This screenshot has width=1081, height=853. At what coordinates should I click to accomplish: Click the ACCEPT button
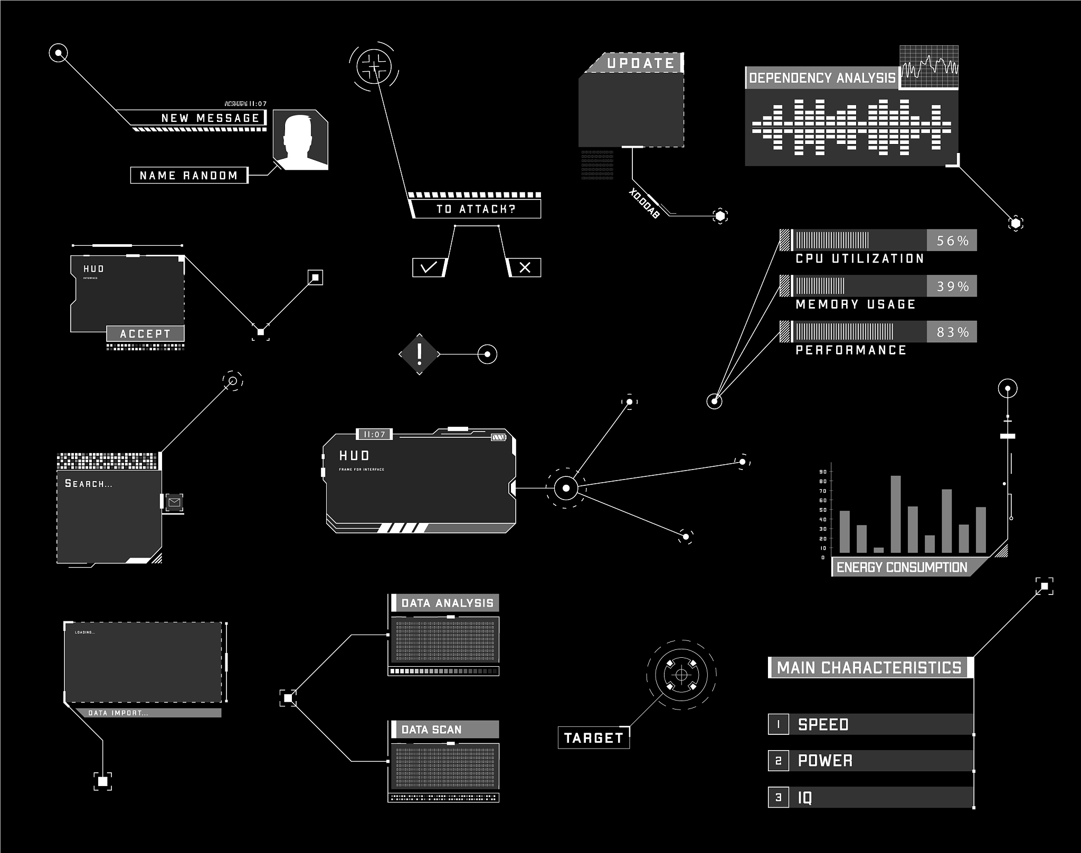pyautogui.click(x=145, y=333)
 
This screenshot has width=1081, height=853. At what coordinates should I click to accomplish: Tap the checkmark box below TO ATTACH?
pyautogui.click(x=429, y=267)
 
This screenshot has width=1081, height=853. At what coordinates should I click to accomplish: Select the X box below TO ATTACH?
pyautogui.click(x=525, y=267)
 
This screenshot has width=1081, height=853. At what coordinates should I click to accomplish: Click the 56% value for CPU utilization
pyautogui.click(x=952, y=241)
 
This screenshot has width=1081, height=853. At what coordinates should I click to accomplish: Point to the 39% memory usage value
pyautogui.click(x=952, y=286)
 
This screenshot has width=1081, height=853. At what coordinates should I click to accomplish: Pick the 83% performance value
pyautogui.click(x=952, y=332)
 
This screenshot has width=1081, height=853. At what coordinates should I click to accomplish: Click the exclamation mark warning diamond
pyautogui.click(x=420, y=354)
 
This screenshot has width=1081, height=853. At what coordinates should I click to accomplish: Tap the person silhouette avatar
pyautogui.click(x=300, y=140)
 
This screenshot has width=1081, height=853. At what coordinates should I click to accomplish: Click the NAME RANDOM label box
pyautogui.click(x=188, y=175)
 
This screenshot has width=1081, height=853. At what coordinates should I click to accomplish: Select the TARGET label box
pyautogui.click(x=593, y=737)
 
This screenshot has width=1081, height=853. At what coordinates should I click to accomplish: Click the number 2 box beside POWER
pyautogui.click(x=779, y=761)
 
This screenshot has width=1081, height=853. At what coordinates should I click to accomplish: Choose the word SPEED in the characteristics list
pyautogui.click(x=823, y=724)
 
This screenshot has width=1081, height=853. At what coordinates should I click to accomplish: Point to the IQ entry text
pyautogui.click(x=805, y=798)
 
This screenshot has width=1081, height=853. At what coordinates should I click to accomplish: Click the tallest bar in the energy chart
pyautogui.click(x=896, y=514)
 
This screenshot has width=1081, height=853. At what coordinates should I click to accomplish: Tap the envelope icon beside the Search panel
pyautogui.click(x=174, y=502)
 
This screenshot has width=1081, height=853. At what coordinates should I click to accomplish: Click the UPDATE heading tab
pyautogui.click(x=640, y=63)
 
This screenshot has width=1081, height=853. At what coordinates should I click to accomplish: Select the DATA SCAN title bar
pyautogui.click(x=444, y=730)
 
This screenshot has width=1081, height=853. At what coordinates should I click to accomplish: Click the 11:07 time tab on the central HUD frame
pyautogui.click(x=374, y=434)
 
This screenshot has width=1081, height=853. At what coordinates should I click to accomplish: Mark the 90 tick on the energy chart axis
pyautogui.click(x=823, y=472)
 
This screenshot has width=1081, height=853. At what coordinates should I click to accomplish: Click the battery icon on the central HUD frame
pyautogui.click(x=498, y=437)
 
